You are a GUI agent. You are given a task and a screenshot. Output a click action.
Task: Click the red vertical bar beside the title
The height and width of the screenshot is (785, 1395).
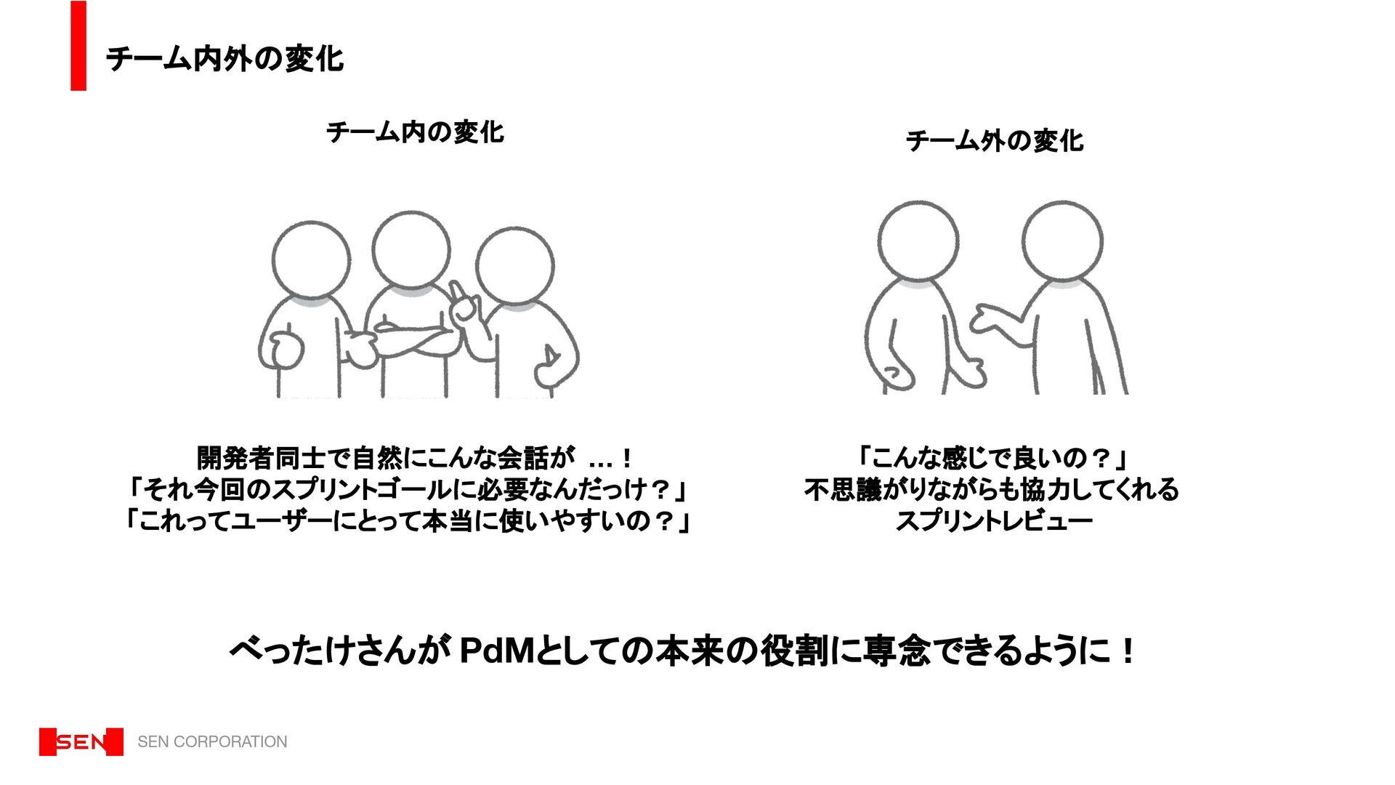coord(78,46)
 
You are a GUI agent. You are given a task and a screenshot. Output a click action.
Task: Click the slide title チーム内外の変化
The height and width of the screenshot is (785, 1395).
coord(225,59)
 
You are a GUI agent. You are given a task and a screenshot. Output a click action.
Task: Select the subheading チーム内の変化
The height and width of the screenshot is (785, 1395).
coord(415,132)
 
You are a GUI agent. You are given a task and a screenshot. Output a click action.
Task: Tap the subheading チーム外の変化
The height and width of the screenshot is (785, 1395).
coord(994,141)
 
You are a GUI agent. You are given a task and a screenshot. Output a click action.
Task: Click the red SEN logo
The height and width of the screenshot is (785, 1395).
coord(81,741)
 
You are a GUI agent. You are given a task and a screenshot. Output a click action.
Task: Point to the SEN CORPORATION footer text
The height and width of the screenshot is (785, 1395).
coord(212,741)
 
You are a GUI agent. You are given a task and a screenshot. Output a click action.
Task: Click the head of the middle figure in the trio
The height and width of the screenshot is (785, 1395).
coord(411,249)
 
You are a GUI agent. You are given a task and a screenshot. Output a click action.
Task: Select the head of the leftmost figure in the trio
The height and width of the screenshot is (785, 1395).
coord(311,260)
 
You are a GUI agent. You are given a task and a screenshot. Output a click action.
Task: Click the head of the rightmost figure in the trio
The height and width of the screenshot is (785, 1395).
coord(515,266)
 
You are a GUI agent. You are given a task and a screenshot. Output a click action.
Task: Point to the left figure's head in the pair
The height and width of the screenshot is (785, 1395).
coord(918,241)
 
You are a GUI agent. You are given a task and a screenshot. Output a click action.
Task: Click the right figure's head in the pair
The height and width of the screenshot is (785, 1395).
coord(1062,241)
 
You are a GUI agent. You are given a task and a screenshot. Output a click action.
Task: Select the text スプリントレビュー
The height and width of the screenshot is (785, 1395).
coord(994,521)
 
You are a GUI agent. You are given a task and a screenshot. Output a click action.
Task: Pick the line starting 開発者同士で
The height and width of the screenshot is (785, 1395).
coord(415,458)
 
